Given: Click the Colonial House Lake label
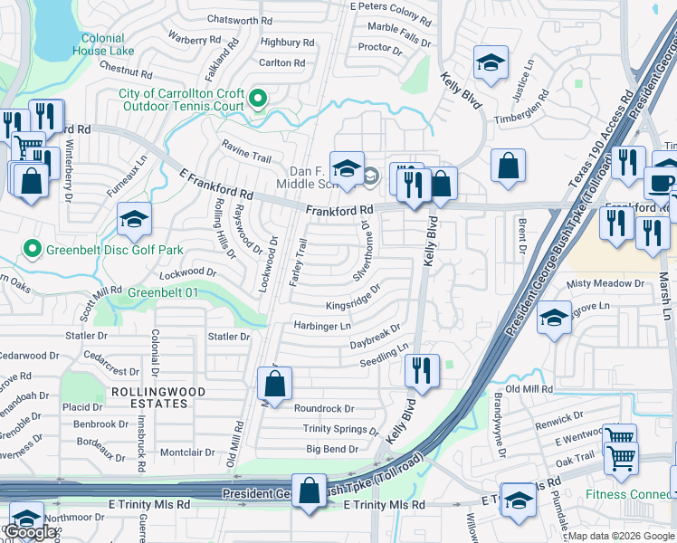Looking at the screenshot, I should click(x=108, y=44).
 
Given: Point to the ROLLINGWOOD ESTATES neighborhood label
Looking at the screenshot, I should click(x=157, y=397).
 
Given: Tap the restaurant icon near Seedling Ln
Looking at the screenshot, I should click(x=422, y=369).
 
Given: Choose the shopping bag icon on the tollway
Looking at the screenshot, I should click(x=310, y=491).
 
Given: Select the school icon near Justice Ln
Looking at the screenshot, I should click(x=490, y=62).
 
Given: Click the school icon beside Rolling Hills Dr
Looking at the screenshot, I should click(x=134, y=220).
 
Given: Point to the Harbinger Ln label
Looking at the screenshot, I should click(x=321, y=326).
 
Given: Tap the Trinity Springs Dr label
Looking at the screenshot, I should click(x=341, y=429).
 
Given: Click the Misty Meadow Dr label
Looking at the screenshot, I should click(x=605, y=284).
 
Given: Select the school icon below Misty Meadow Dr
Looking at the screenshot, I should click(x=554, y=318).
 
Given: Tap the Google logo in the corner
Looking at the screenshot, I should click(x=29, y=532).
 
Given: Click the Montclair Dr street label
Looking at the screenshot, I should click(x=186, y=452).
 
